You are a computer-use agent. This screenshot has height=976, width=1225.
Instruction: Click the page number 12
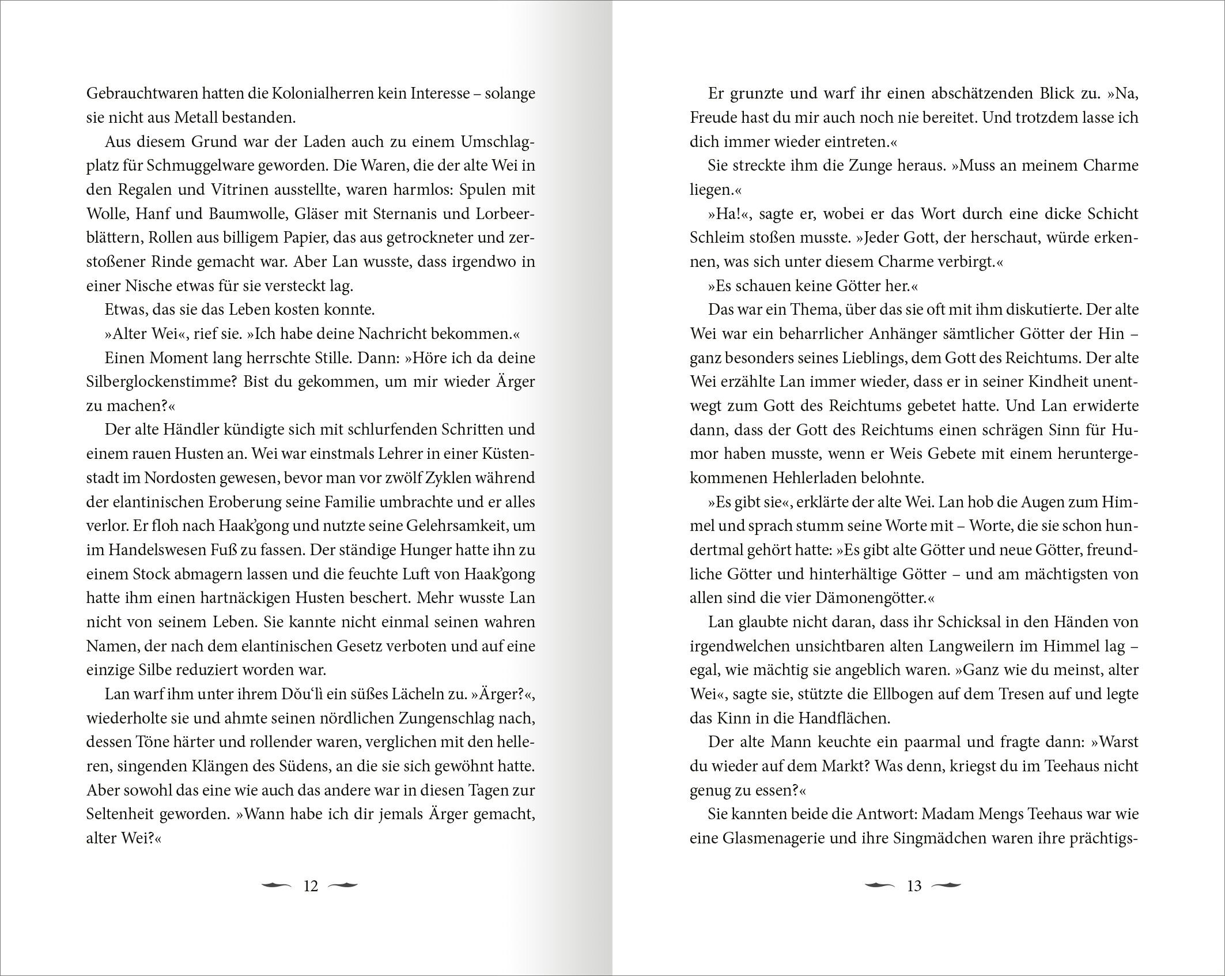[311, 886]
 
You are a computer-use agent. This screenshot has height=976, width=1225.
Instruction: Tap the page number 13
[914, 886]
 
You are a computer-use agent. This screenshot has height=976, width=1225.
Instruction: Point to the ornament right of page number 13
[946, 885]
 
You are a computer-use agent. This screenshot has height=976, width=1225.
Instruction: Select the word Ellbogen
[916, 695]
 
